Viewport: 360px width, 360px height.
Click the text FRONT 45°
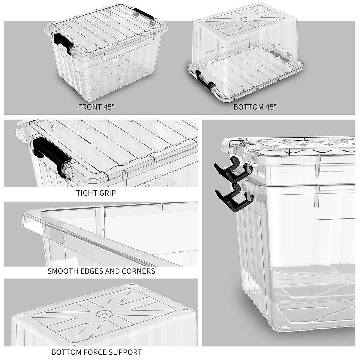pyautogui.click(x=96, y=107)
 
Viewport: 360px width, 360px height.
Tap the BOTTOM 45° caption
pyautogui.click(x=255, y=107)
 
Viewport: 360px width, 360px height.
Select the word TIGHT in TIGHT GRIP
pyautogui.click(x=86, y=193)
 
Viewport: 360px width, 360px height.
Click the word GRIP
pyautogui.click(x=107, y=193)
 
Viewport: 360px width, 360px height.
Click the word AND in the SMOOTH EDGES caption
pyautogui.click(x=112, y=271)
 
